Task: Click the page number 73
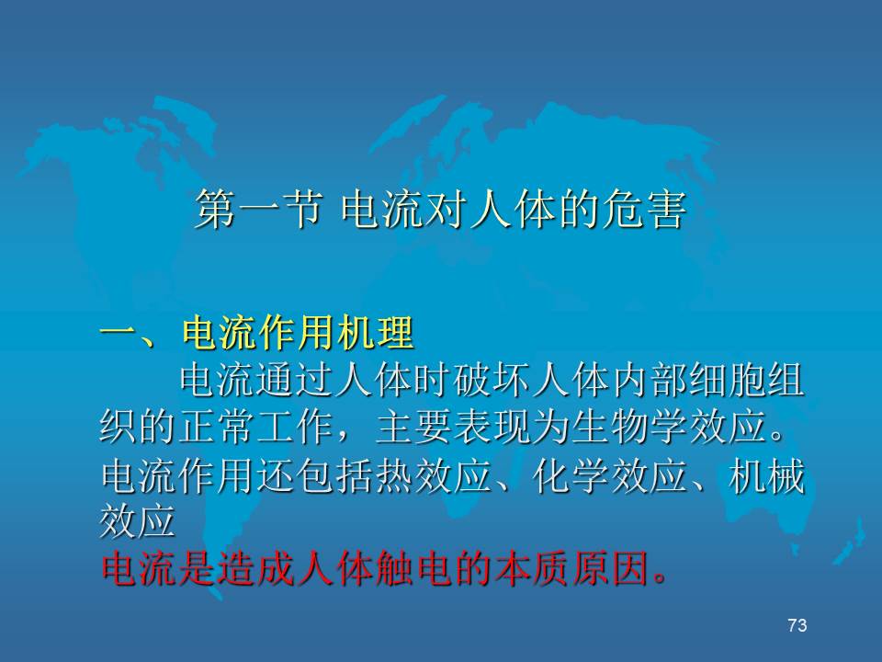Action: [797, 625]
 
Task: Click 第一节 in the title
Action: [259, 210]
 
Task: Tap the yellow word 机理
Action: [376, 333]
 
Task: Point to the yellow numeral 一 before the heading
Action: [119, 332]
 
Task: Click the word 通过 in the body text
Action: [295, 381]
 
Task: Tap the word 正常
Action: [215, 427]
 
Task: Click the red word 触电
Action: [412, 568]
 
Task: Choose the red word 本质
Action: [529, 568]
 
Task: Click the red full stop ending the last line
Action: [661, 578]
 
